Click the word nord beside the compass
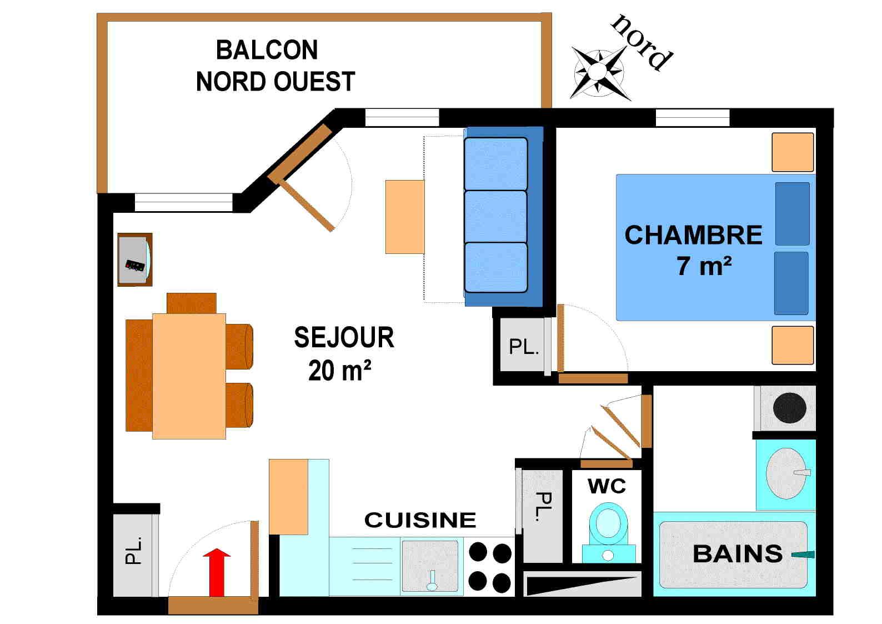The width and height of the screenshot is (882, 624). pos(642,42)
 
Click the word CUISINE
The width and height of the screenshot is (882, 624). pos(420,520)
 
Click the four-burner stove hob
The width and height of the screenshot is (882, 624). pos(490,567)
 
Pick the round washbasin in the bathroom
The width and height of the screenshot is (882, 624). pos(785,473)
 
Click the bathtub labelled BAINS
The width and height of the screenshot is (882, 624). pos(733,555)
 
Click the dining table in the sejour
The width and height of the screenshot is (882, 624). pos(189,376)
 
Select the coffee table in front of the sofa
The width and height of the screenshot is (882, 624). pos(405,217)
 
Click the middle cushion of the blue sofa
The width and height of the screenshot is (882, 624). pos(495,216)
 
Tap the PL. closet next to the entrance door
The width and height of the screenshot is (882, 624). pos(134,555)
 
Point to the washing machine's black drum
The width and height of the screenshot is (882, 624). pos(789,408)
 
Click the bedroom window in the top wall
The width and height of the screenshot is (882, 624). pos(692,117)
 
